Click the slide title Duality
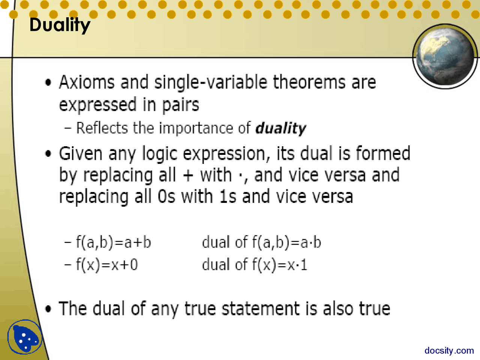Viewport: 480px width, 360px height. pos(60,25)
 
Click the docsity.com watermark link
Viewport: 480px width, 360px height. pos(449,350)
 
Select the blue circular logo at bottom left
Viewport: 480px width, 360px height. pos(24,337)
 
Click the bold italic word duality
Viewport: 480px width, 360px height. pos(280,128)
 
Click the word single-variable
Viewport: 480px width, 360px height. pos(211,82)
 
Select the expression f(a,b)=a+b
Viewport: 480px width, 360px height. pos(113,243)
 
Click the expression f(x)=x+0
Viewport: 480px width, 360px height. pos(107,265)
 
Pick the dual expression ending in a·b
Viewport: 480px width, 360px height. pos(261,243)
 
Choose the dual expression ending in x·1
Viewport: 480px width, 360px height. pos(255,265)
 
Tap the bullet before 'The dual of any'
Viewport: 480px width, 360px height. pos(48,309)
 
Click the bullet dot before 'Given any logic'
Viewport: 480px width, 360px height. pos(48,154)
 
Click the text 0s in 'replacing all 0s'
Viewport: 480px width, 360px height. pos(166,197)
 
